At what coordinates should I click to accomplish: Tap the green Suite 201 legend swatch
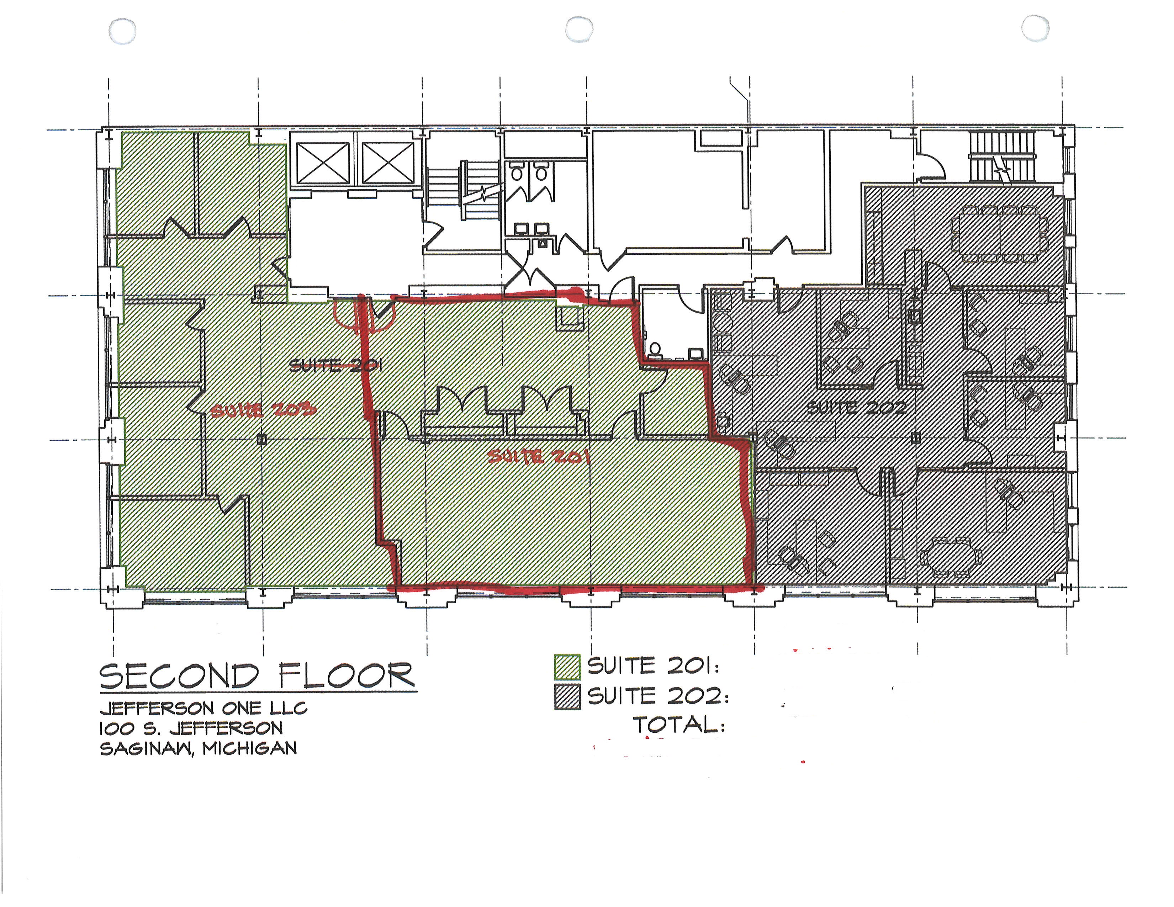click(567, 667)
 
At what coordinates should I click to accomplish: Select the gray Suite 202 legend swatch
click(567, 697)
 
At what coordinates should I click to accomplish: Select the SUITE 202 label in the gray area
click(857, 408)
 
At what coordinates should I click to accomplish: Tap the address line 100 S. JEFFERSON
click(191, 728)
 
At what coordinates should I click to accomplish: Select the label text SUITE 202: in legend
click(659, 696)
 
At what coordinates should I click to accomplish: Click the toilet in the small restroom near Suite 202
click(654, 349)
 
